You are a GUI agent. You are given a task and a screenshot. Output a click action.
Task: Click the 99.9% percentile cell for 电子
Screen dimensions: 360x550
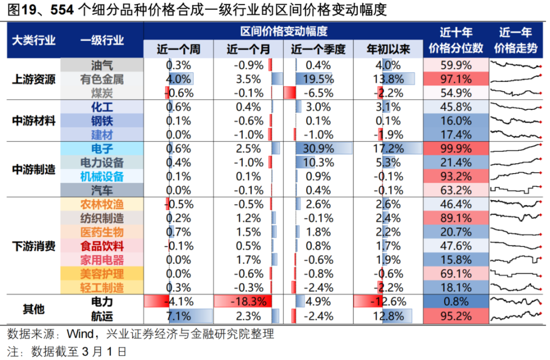456,148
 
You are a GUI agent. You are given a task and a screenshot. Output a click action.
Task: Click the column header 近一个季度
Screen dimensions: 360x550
318,49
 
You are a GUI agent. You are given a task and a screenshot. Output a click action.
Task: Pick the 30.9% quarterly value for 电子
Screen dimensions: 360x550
318,148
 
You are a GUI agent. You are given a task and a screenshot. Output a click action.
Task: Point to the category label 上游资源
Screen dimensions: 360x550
34,79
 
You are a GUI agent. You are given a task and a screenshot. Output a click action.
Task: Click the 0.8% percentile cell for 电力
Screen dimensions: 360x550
456,302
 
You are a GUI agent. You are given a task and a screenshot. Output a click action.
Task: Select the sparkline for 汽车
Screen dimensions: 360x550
515,190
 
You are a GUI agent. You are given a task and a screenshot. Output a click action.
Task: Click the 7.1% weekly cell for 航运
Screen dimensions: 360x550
178,315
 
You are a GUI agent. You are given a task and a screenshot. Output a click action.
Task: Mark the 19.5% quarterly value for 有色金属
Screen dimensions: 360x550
318,79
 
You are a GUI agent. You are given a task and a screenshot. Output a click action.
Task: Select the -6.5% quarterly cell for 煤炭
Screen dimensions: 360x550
318,93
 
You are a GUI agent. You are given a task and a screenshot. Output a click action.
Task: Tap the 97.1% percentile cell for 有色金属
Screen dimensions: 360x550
456,79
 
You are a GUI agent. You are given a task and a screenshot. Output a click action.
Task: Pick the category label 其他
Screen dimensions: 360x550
34,308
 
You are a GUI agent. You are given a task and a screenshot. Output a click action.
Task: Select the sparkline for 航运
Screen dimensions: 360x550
515,315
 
